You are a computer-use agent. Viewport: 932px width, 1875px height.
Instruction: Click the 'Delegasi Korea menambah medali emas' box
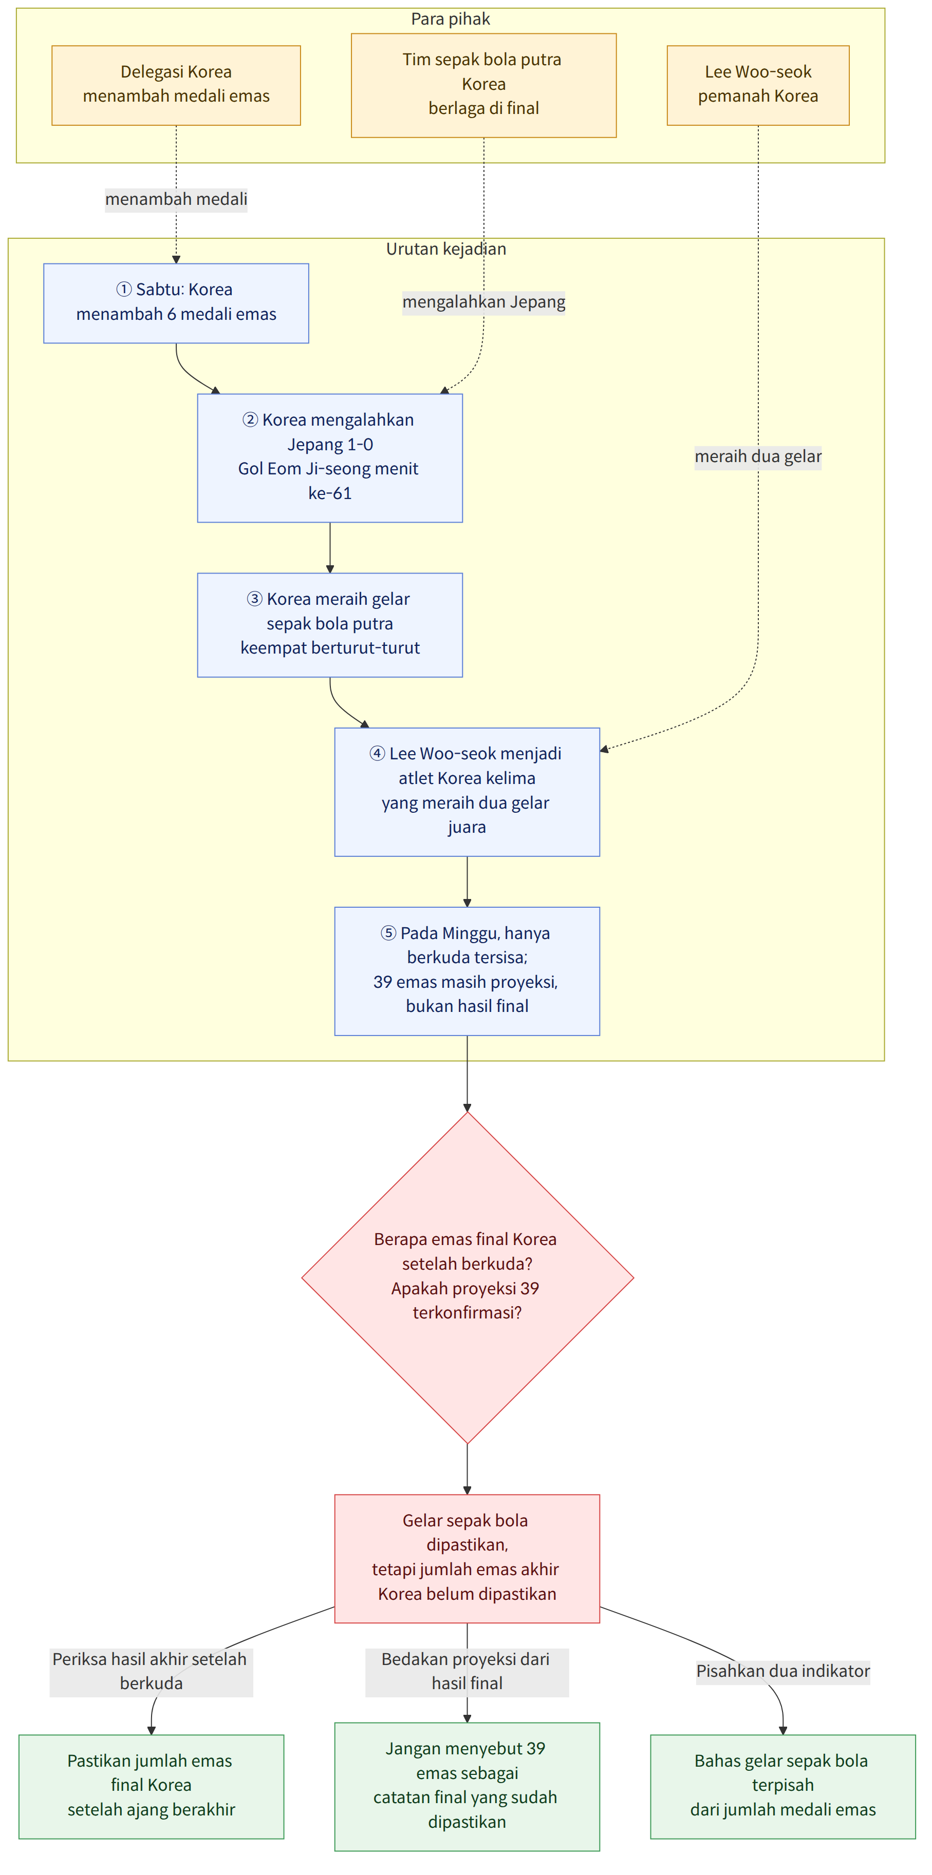(176, 85)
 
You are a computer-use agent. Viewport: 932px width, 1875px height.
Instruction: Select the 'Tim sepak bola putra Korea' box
(483, 85)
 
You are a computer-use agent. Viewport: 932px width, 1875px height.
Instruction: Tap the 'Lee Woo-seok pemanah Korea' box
(758, 85)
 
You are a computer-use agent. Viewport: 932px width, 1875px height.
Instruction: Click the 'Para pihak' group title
(450, 19)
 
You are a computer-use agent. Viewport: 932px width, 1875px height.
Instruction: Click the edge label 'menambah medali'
(176, 199)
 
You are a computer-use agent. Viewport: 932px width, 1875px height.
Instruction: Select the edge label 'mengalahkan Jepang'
(483, 302)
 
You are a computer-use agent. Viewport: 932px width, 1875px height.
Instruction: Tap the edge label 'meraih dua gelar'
(758, 456)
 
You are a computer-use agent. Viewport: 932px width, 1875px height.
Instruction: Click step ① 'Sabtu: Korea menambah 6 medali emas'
(176, 303)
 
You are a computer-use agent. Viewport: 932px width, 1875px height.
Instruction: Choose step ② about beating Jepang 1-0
(330, 458)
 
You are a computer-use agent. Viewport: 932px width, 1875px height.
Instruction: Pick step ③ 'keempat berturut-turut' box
(330, 624)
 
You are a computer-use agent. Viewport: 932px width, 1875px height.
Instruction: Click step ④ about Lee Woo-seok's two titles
(467, 792)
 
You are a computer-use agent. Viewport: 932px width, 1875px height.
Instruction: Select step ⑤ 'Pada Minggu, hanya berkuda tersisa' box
(467, 971)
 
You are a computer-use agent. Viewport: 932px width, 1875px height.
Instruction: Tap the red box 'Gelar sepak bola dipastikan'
(467, 1558)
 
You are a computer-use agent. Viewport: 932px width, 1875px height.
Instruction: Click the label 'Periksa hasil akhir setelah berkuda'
(152, 1672)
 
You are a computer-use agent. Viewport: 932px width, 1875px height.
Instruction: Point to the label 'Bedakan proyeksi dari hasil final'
(467, 1672)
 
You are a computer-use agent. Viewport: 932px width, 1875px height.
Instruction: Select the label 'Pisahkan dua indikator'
(782, 1671)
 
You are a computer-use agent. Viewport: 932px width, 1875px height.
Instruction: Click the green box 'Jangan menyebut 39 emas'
(467, 1786)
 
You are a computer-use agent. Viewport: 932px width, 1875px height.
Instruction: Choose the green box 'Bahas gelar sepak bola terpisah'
(782, 1786)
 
